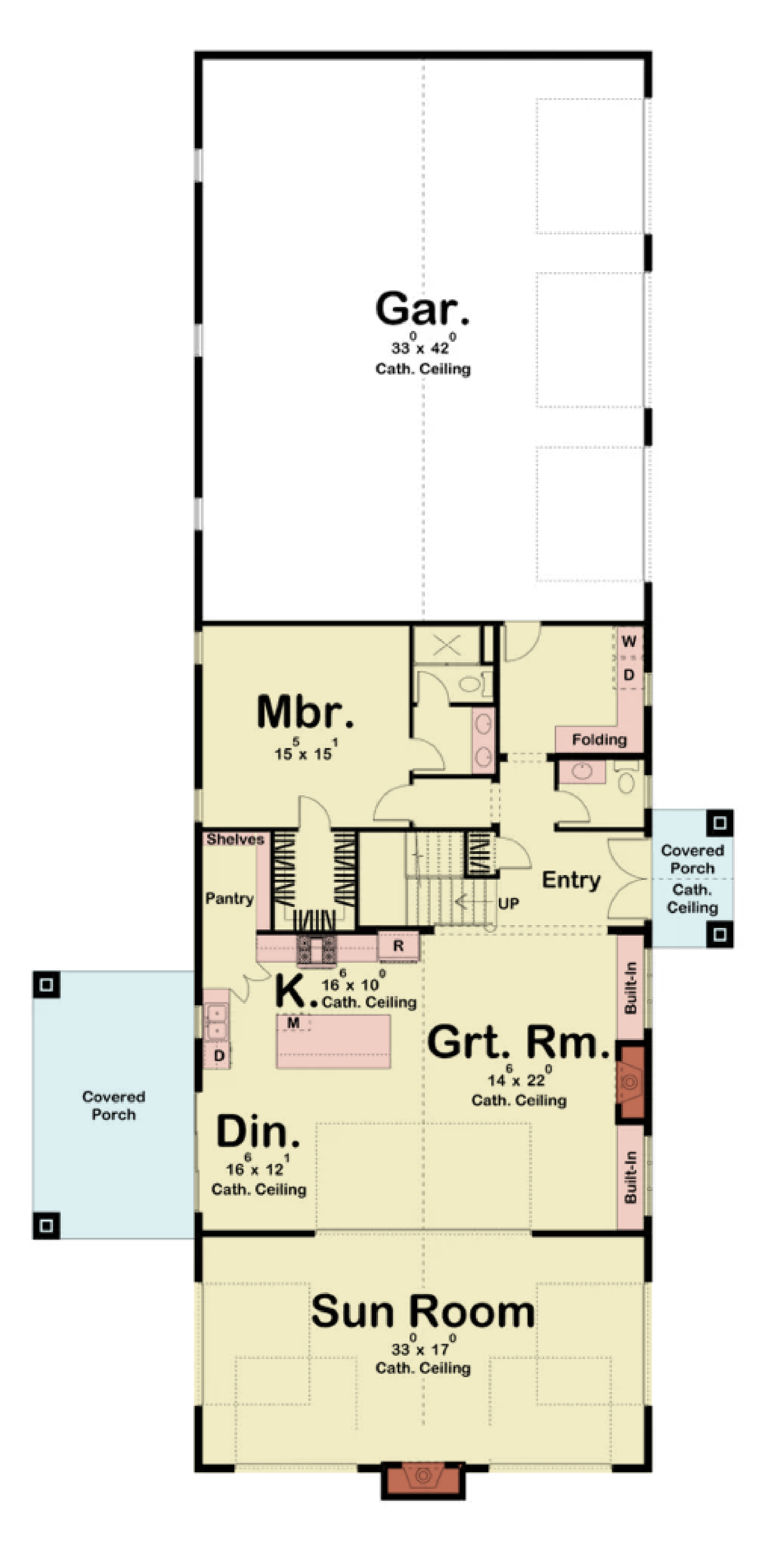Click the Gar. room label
point(422,309)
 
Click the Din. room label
point(258,1132)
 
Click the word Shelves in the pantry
point(235,839)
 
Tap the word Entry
point(571,880)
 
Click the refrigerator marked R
point(398,946)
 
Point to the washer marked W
point(628,641)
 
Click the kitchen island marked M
point(333,1041)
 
